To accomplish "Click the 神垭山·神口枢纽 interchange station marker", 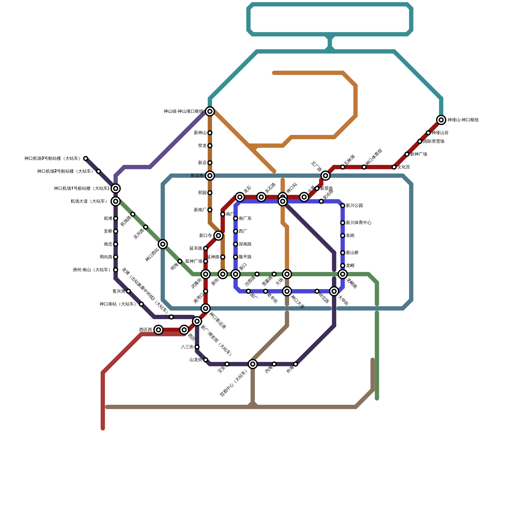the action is pyautogui.click(x=441, y=120).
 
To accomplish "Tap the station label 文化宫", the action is pyautogui.click(x=403, y=167).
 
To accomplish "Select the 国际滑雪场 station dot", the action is pyautogui.click(x=420, y=141).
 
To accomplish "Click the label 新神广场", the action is pyautogui.click(x=419, y=154).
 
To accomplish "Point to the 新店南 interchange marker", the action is pyautogui.click(x=210, y=175).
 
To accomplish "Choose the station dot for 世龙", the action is pyautogui.click(x=210, y=146).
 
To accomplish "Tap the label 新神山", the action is pyautogui.click(x=200, y=133).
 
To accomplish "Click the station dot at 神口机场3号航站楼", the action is pyautogui.click(x=85, y=158).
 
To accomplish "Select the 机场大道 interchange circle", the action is pyautogui.click(x=116, y=201).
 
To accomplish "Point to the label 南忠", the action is pyautogui.click(x=108, y=244).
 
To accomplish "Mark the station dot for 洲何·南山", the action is pyautogui.click(x=116, y=270).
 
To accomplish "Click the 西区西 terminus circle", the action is pyautogui.click(x=158, y=330).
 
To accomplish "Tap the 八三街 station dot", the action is pyautogui.click(x=197, y=347).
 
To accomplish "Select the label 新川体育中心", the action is pyautogui.click(x=359, y=223).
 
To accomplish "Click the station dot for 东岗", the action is pyautogui.click(x=342, y=235).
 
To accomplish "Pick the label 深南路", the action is pyautogui.click(x=245, y=244).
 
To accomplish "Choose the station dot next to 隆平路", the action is pyautogui.click(x=235, y=257).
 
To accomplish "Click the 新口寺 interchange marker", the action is pyautogui.click(x=218, y=235).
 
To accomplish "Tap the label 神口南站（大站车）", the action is pyautogui.click(x=118, y=304).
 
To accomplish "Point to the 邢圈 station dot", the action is pyautogui.click(x=210, y=193).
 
